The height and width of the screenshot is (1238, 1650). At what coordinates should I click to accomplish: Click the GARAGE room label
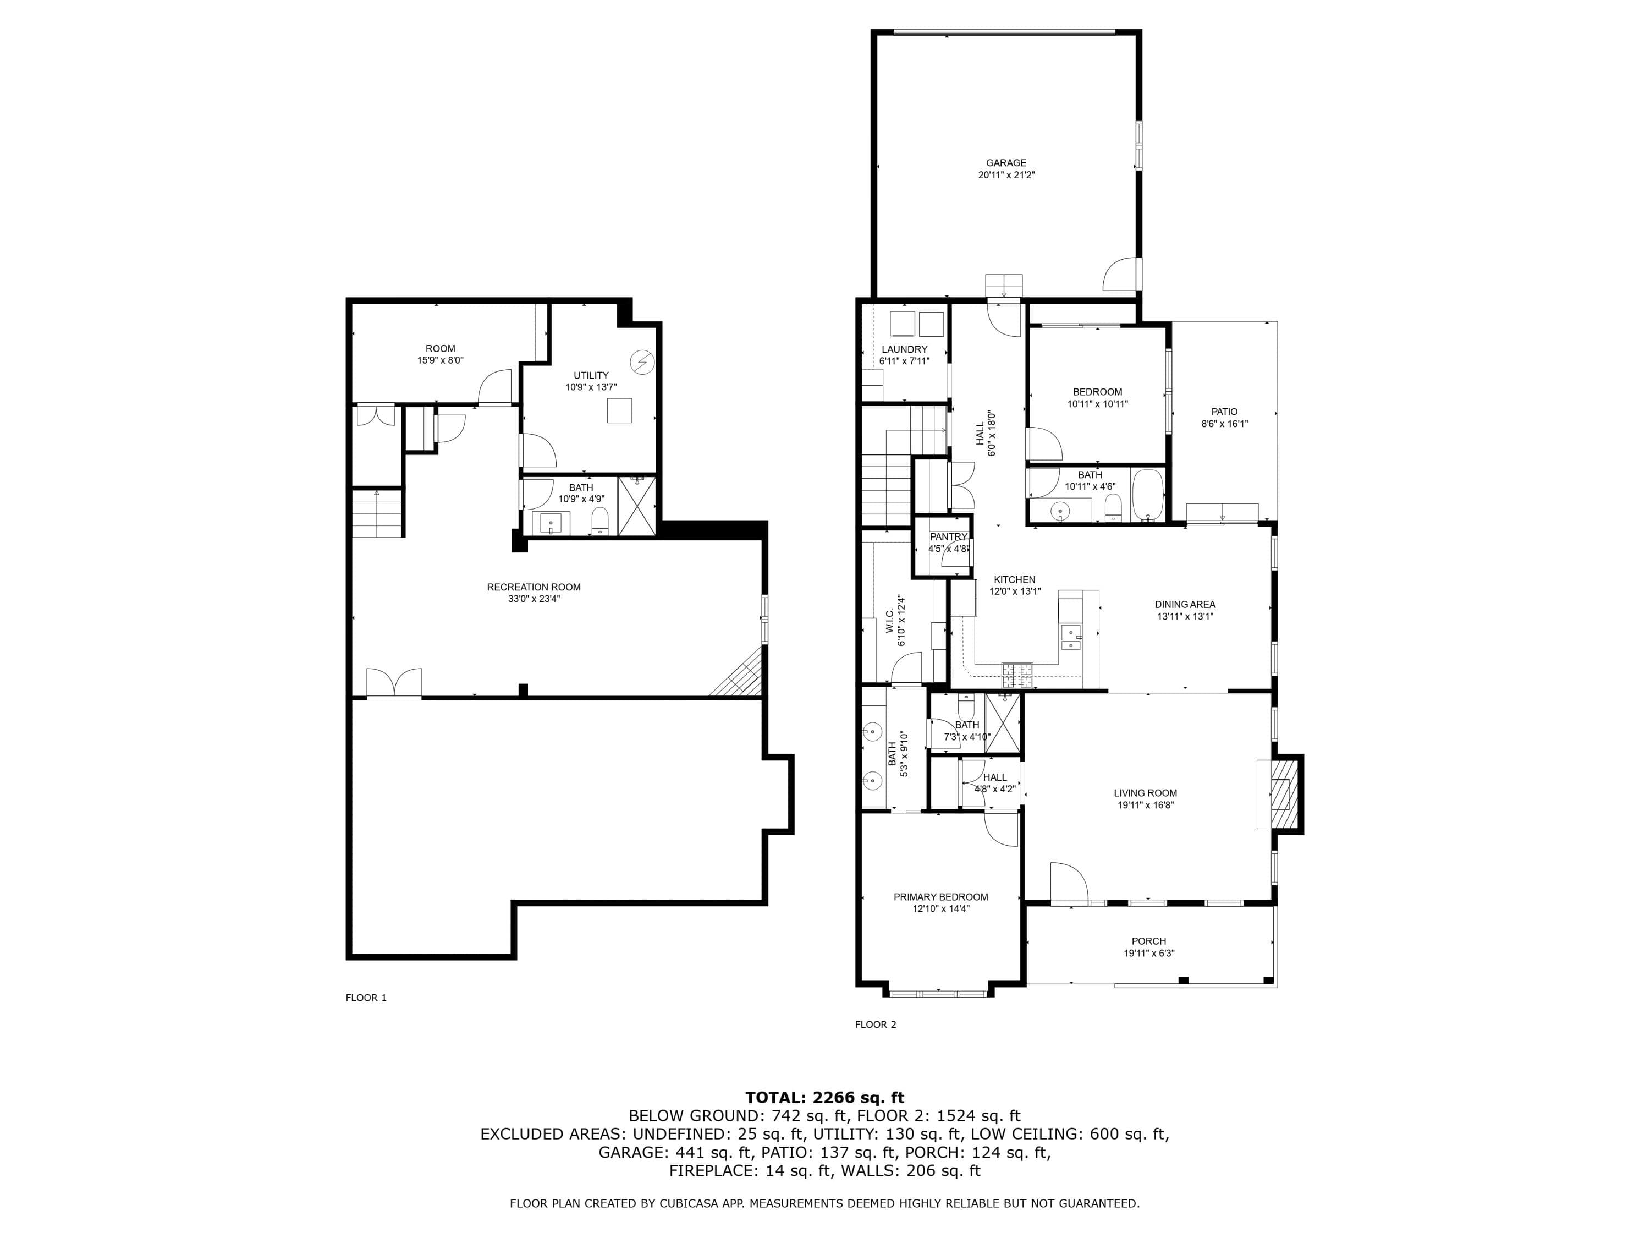click(1007, 163)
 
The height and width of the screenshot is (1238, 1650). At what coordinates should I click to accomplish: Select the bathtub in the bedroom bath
click(1148, 495)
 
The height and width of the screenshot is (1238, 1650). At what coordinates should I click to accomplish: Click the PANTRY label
click(948, 537)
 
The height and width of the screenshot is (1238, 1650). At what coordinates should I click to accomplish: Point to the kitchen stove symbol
click(1017, 675)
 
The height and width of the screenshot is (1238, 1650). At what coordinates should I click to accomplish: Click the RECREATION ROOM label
click(533, 587)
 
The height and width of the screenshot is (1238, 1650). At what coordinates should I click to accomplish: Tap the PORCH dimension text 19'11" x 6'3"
click(1149, 953)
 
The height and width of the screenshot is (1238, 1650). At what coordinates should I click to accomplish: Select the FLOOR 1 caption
click(366, 998)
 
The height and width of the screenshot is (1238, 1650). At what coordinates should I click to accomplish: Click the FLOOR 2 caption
click(876, 1025)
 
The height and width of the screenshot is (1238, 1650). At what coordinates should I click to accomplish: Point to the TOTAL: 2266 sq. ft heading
click(825, 1097)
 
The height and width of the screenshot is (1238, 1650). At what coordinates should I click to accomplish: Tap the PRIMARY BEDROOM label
click(941, 897)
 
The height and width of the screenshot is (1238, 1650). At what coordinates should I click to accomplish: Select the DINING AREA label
click(1185, 605)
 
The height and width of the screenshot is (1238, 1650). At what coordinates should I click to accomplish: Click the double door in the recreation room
click(394, 683)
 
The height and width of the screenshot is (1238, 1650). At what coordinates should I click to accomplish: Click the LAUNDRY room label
click(904, 349)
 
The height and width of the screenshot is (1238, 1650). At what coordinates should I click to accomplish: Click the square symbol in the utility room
click(619, 411)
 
